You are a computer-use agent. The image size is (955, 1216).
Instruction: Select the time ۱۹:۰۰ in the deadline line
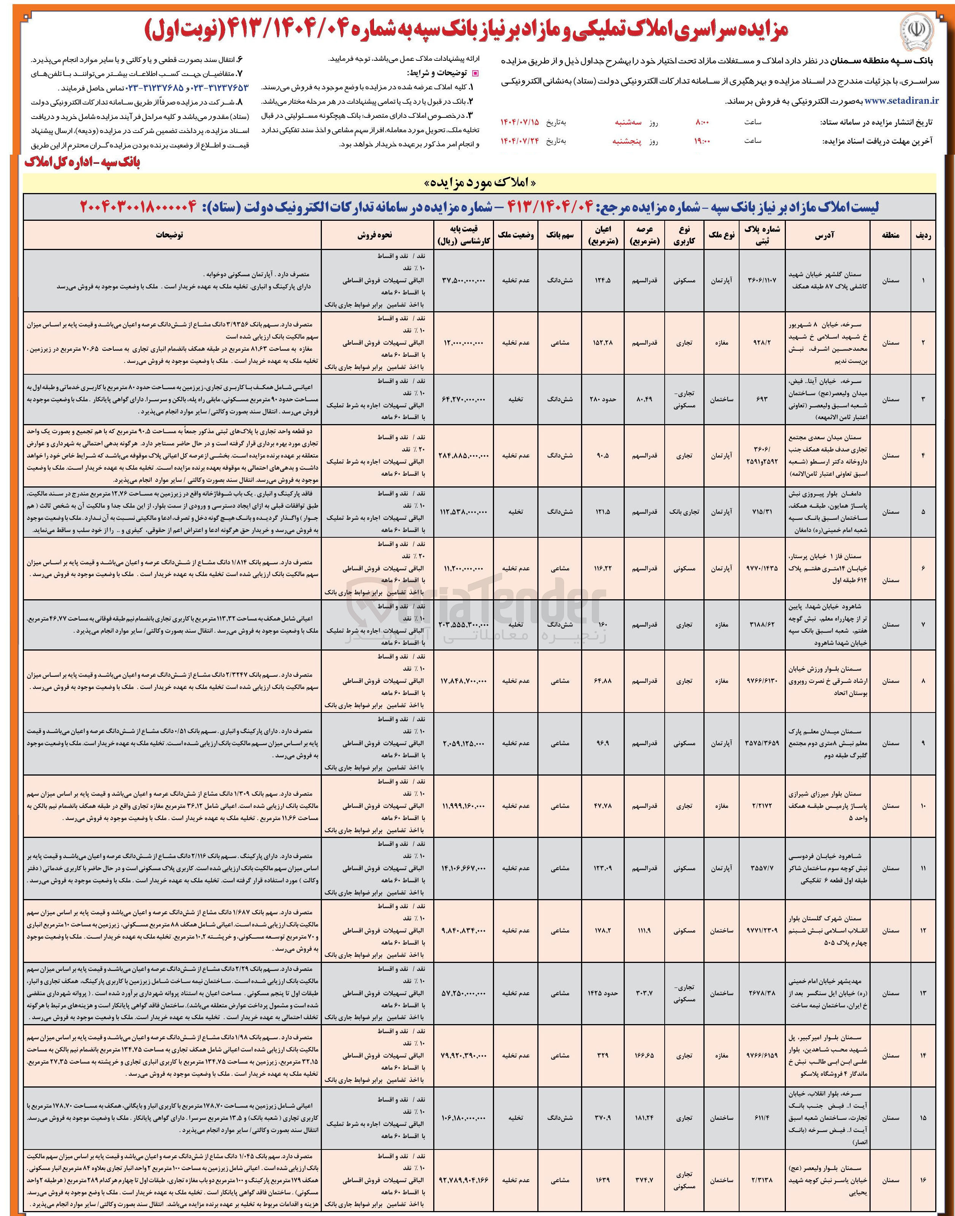(x=701, y=141)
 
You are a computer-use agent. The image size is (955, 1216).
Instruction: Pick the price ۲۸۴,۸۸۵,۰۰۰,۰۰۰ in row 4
(x=464, y=456)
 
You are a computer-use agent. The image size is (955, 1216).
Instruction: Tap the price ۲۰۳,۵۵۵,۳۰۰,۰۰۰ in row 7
(x=464, y=624)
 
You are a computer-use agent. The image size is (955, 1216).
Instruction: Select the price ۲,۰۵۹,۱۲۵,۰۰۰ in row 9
(x=464, y=744)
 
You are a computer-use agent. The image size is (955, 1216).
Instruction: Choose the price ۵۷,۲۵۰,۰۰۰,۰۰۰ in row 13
(x=464, y=993)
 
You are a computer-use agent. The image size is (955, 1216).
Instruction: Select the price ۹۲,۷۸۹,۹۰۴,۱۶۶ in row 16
(x=464, y=1180)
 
